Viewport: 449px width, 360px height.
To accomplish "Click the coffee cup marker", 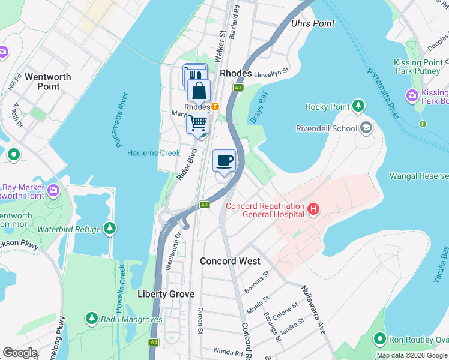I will [x=224, y=161].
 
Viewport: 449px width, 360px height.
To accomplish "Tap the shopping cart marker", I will [x=198, y=122].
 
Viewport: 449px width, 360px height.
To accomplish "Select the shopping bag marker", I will [x=199, y=91].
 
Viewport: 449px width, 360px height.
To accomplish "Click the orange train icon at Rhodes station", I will [x=214, y=107].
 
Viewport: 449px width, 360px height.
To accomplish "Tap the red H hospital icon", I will [x=313, y=209].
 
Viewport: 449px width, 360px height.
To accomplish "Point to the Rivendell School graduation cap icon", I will [x=366, y=128].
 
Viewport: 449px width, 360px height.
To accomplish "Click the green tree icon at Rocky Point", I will [x=358, y=107].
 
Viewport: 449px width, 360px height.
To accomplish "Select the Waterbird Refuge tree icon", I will [x=110, y=229].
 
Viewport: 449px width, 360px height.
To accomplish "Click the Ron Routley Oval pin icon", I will [x=379, y=340].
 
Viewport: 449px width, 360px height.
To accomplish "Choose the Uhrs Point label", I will [x=312, y=23].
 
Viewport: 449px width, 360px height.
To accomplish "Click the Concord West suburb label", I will [x=230, y=261].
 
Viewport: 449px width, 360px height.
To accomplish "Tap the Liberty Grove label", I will [x=166, y=294].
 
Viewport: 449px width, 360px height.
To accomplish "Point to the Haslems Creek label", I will [x=154, y=153].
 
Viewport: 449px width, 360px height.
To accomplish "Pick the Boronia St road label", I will [x=257, y=280].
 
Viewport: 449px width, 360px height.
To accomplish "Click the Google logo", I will [x=20, y=352].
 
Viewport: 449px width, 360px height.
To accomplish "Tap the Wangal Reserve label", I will [x=418, y=176].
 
